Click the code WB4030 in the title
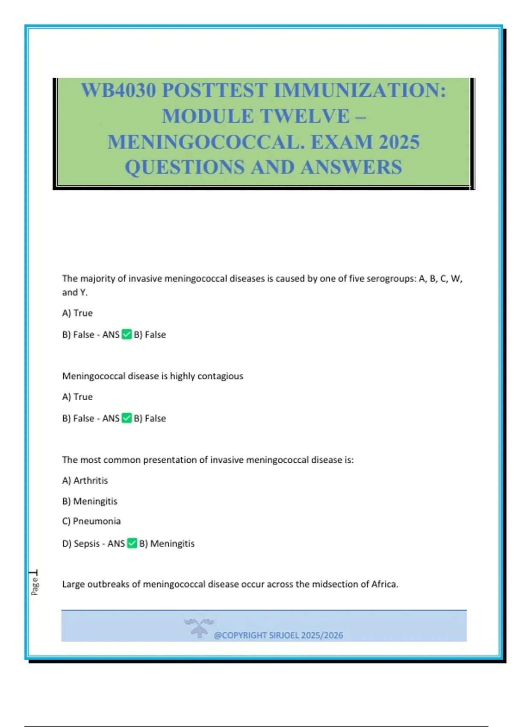118,91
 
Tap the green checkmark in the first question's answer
127,334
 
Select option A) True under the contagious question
77,397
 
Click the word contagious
220,376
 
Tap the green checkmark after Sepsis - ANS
132,544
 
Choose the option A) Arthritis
85,481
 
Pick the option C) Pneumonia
91,521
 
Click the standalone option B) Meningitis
90,501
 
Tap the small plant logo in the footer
199,628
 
